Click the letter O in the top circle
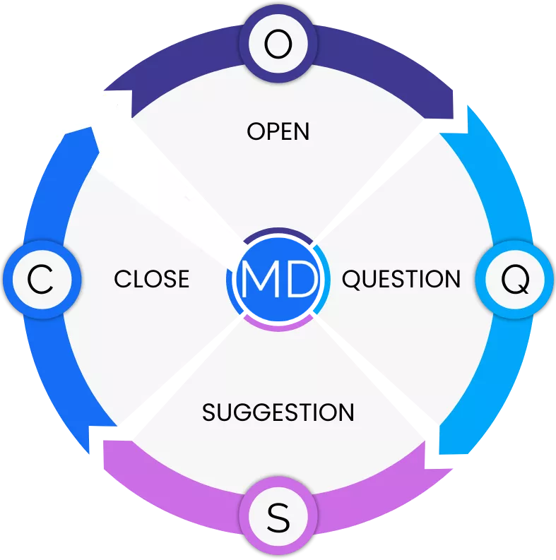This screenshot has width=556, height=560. pyautogui.click(x=278, y=44)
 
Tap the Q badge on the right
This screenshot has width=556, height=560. pyautogui.click(x=514, y=280)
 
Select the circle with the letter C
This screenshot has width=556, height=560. pyautogui.click(x=40, y=280)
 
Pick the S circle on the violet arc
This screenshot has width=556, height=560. pyautogui.click(x=278, y=519)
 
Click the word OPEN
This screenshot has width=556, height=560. pyautogui.click(x=278, y=131)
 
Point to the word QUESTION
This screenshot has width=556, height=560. pyautogui.click(x=401, y=279)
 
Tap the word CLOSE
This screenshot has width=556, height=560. pyautogui.click(x=151, y=279)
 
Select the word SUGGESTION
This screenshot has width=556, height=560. pyautogui.click(x=278, y=412)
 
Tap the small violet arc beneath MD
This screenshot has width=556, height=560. pyautogui.click(x=278, y=325)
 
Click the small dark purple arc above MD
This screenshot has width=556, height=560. pyautogui.click(x=278, y=232)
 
